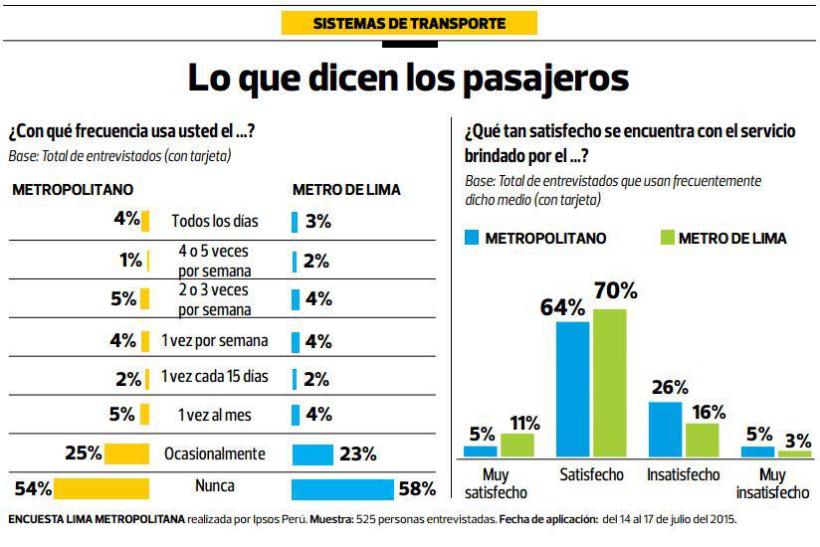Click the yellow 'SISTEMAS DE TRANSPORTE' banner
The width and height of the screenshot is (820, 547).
click(409, 23)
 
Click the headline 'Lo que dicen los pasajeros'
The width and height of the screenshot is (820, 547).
click(409, 77)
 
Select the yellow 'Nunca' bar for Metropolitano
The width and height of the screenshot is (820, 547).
click(102, 488)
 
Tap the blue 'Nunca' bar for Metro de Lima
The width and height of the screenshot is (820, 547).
click(342, 488)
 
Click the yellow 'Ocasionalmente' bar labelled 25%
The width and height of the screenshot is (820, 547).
click(127, 454)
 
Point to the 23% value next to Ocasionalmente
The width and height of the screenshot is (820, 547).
click(357, 455)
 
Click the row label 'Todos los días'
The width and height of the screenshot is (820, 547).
click(213, 221)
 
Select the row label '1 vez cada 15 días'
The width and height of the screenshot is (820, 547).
click(215, 377)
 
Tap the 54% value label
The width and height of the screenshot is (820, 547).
click(34, 488)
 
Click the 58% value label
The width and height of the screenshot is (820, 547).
click(416, 488)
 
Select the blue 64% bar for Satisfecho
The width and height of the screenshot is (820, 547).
click(573, 389)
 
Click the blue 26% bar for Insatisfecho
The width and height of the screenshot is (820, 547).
click(666, 429)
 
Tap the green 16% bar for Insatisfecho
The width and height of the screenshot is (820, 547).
click(703, 440)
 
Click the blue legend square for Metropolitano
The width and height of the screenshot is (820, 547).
click(472, 238)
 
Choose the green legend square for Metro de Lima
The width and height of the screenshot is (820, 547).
click(668, 238)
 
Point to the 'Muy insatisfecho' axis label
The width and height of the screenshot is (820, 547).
click(772, 484)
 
